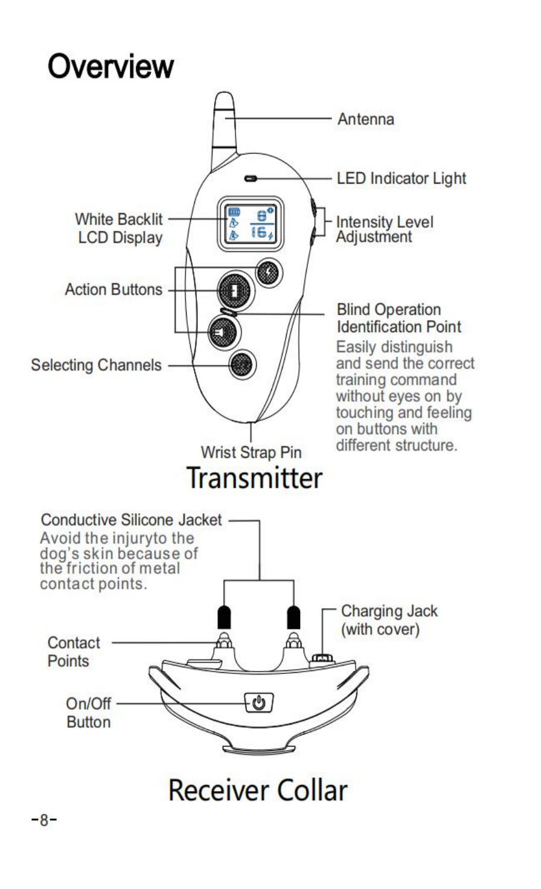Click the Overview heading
(x=111, y=66)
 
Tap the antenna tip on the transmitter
(x=224, y=103)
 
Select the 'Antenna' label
(x=366, y=119)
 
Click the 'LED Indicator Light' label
(x=402, y=178)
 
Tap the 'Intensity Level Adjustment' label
(x=385, y=229)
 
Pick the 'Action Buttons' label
(x=114, y=289)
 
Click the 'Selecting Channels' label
(x=97, y=365)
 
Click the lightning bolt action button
(x=268, y=272)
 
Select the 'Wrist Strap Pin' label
(x=251, y=452)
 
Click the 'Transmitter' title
(x=254, y=478)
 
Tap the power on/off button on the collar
(x=258, y=703)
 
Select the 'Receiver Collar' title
(x=258, y=790)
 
